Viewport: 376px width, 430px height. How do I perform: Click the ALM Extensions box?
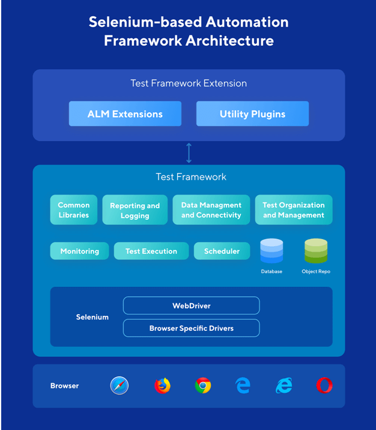pyautogui.click(x=125, y=114)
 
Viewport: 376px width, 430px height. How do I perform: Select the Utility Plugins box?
pyautogui.click(x=252, y=114)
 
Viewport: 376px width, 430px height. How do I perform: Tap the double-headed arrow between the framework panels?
pyautogui.click(x=189, y=153)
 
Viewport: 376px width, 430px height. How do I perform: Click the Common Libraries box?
pyautogui.click(x=74, y=210)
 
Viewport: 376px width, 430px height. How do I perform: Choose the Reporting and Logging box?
pyautogui.click(x=135, y=210)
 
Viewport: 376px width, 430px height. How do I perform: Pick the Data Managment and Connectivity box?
pyautogui.click(x=211, y=210)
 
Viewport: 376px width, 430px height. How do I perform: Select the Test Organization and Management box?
pyautogui.click(x=293, y=210)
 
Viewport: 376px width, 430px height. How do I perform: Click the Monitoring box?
pyautogui.click(x=79, y=251)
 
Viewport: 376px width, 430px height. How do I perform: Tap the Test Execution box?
pyautogui.click(x=151, y=251)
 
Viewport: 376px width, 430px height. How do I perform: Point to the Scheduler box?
pyautogui.click(x=222, y=251)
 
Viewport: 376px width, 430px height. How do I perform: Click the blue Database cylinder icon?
pyautogui.click(x=271, y=250)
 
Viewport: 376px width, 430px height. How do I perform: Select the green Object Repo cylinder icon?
pyautogui.click(x=315, y=250)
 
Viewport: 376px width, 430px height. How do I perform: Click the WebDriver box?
pyautogui.click(x=191, y=306)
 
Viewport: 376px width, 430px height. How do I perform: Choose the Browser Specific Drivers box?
pyautogui.click(x=191, y=328)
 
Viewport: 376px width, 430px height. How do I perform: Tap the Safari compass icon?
pyautogui.click(x=120, y=386)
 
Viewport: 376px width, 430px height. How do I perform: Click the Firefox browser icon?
pyautogui.click(x=162, y=386)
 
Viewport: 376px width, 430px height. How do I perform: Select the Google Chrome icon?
pyautogui.click(x=203, y=386)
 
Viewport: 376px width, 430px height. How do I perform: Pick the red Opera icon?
pyautogui.click(x=324, y=386)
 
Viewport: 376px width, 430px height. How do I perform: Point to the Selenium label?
pyautogui.click(x=92, y=316)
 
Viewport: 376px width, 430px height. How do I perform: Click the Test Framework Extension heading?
pyautogui.click(x=189, y=83)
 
